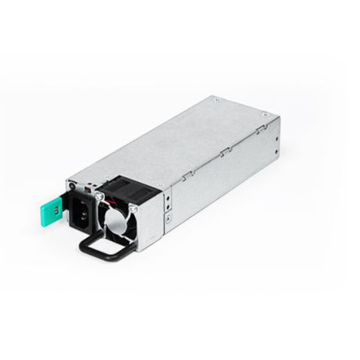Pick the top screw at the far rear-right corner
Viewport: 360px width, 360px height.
tap(266, 115)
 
